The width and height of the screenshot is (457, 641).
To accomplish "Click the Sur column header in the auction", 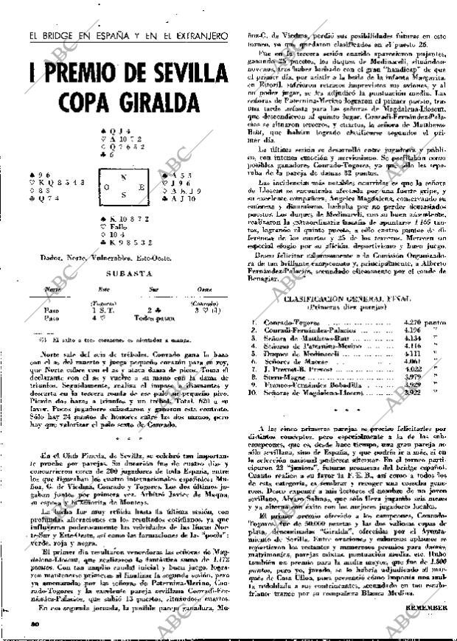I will pos(153,290).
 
